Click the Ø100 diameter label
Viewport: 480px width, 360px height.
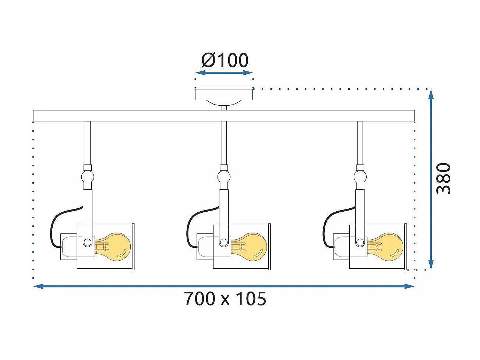coord(225,60)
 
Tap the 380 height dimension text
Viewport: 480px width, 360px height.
coord(443,179)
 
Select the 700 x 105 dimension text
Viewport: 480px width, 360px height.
coord(225,299)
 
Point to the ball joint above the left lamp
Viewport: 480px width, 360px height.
coord(88,177)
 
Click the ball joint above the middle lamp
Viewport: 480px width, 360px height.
coord(223,177)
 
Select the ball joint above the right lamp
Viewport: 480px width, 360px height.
coord(360,177)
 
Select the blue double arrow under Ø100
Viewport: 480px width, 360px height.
coord(224,73)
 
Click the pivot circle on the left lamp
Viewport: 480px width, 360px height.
coord(87,242)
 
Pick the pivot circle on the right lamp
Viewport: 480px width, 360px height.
coord(360,242)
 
